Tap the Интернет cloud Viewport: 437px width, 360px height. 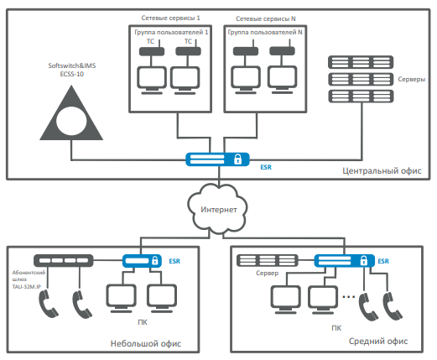[x=218, y=209]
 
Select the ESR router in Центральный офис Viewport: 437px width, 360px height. [x=217, y=159]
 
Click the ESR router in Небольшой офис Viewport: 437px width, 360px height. [x=142, y=261]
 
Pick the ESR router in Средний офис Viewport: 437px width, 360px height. [x=345, y=261]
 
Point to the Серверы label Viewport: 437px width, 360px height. [x=412, y=79]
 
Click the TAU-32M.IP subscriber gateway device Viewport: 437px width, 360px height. [x=64, y=261]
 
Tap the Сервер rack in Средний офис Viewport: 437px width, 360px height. [x=268, y=260]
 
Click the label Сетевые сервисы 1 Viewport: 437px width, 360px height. [x=170, y=18]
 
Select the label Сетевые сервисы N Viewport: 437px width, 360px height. [x=266, y=18]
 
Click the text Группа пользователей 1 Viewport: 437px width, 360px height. [x=171, y=33]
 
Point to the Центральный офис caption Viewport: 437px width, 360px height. [x=382, y=170]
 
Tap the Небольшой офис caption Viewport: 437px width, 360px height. [x=146, y=343]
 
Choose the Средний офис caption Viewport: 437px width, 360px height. [x=378, y=341]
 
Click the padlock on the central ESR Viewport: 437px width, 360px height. [x=237, y=159]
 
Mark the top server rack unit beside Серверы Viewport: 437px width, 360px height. [x=361, y=62]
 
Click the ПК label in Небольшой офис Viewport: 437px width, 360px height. [x=143, y=322]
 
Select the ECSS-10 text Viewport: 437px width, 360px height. [x=72, y=74]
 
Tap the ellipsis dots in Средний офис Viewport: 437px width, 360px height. [x=349, y=296]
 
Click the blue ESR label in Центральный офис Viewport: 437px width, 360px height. [x=266, y=167]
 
